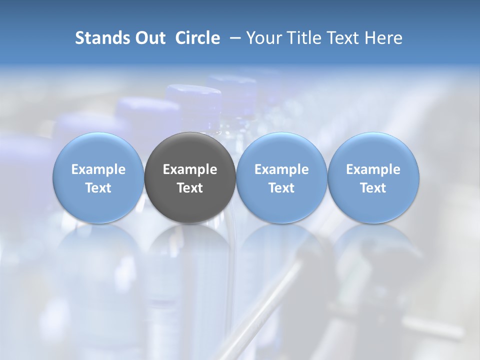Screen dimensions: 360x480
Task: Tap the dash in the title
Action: pyautogui.click(x=233, y=38)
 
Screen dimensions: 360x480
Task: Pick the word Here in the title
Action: pyautogui.click(x=383, y=38)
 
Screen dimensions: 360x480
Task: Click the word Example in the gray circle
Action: pyautogui.click(x=190, y=169)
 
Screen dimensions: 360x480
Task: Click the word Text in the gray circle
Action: pyautogui.click(x=190, y=188)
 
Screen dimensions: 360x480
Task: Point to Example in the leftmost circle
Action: pyautogui.click(x=98, y=169)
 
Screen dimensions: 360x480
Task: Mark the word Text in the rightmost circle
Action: pyautogui.click(x=373, y=188)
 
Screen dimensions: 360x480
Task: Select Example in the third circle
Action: pyautogui.click(x=281, y=169)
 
